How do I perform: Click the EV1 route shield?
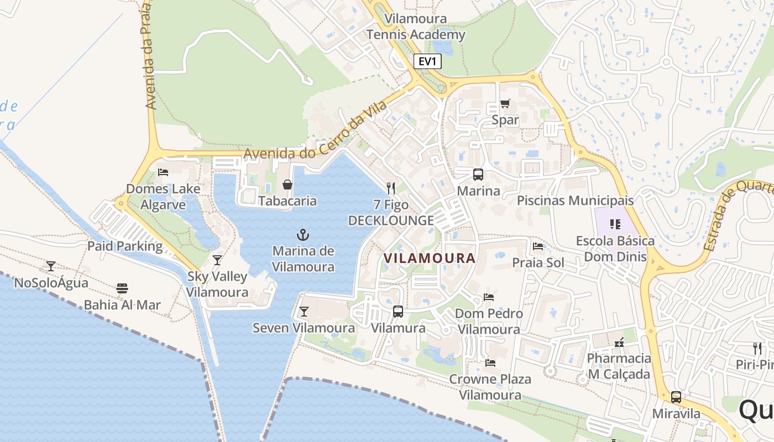(427, 61)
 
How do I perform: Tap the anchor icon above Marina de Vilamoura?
(303, 235)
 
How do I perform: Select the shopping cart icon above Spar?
(505, 103)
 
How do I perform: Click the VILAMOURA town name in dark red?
(430, 258)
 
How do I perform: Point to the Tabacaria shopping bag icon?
(287, 184)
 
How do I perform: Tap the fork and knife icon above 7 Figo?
(391, 188)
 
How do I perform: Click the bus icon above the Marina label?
(478, 175)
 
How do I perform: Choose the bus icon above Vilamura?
(398, 311)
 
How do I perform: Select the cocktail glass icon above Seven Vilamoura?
(304, 312)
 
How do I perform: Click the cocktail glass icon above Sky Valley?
(217, 260)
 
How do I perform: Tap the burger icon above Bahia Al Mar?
(122, 288)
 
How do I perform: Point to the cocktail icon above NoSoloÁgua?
(51, 266)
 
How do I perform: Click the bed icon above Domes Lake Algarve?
(163, 172)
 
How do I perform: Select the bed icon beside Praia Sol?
(538, 246)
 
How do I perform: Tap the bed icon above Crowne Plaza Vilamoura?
(490, 363)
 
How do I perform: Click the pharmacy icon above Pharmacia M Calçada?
(619, 342)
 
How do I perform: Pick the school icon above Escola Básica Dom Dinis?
(615, 224)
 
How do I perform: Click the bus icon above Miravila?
(676, 397)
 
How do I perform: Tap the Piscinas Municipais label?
(575, 201)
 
